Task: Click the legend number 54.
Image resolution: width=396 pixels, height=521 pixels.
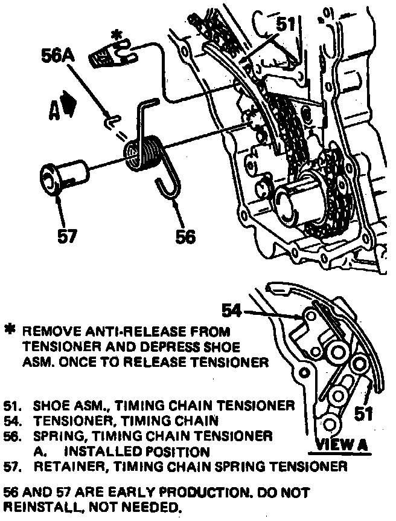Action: tap(11, 419)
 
